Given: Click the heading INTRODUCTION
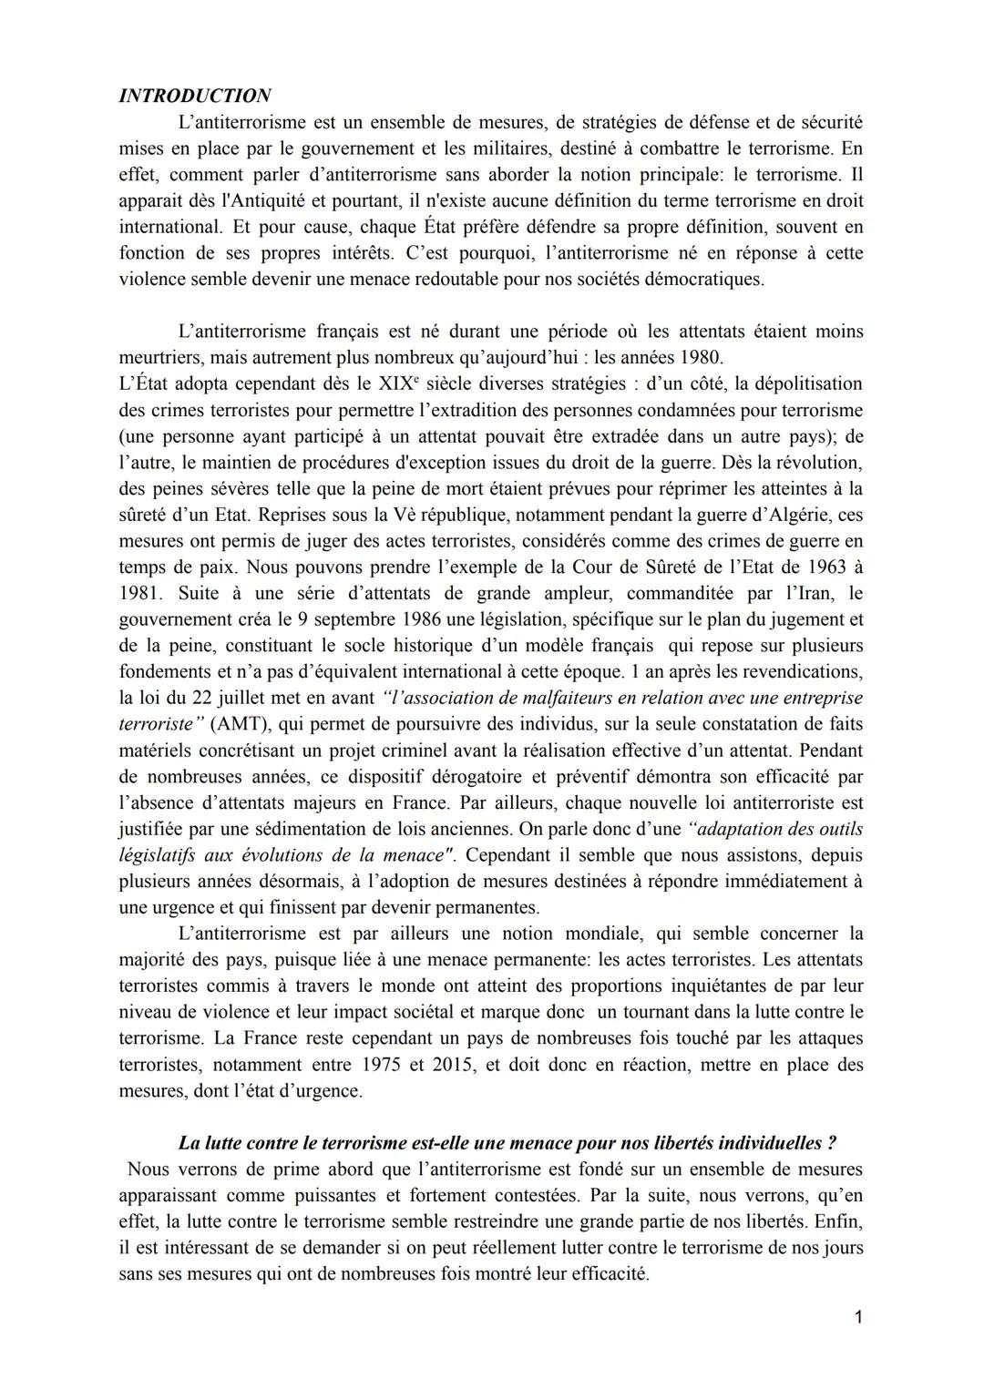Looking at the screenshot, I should [195, 96].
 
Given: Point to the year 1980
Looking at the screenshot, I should [698, 357].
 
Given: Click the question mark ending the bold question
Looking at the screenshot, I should [833, 1143].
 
